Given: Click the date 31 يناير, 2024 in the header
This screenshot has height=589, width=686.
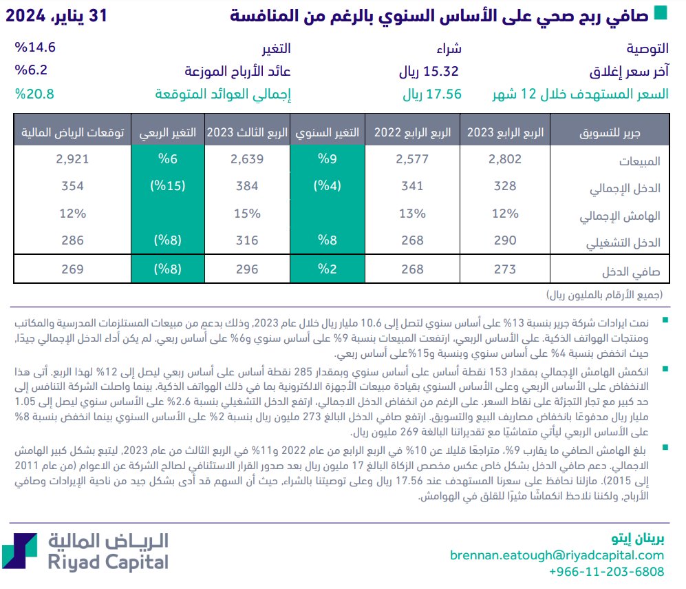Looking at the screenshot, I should (x=58, y=15).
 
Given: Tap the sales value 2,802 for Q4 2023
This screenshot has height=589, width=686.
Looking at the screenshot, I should (x=505, y=160).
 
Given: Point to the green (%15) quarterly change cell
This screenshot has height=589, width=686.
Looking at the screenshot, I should (x=168, y=187).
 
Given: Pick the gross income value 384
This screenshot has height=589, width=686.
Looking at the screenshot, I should (x=247, y=187).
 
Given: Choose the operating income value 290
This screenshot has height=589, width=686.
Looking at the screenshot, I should (x=505, y=241).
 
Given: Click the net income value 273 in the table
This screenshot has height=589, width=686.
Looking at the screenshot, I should (x=505, y=269).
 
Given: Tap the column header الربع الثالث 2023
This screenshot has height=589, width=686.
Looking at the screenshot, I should (x=247, y=133).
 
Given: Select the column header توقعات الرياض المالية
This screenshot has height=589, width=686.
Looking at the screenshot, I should (x=74, y=133).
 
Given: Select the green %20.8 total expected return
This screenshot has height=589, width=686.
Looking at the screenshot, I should (x=34, y=94).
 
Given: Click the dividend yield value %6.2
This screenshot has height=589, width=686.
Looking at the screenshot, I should (x=31, y=71).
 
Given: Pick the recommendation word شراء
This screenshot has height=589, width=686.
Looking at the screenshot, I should (x=449, y=49).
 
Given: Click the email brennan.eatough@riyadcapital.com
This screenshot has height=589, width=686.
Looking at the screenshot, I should (x=557, y=555).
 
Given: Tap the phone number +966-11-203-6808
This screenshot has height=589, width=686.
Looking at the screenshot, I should (x=606, y=572).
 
